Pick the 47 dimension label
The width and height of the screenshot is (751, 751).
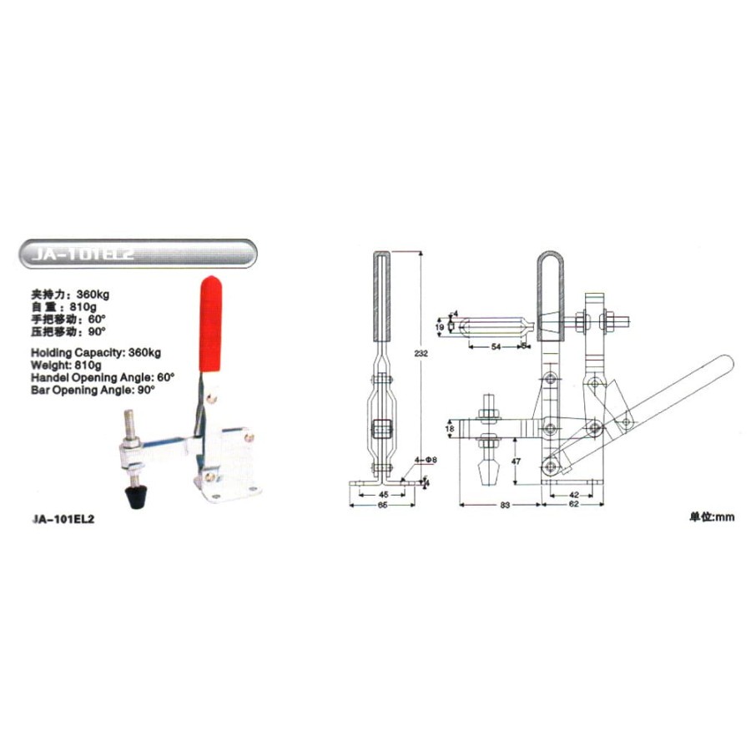coord(517,460)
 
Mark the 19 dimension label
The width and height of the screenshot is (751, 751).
coord(441,325)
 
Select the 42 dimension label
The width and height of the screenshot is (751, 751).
coord(572,494)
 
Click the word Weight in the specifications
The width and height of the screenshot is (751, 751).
coord(49,365)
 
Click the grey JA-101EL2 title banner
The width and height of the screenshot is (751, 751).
coord(139,254)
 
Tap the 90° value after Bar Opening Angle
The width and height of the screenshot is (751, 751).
coord(148,389)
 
